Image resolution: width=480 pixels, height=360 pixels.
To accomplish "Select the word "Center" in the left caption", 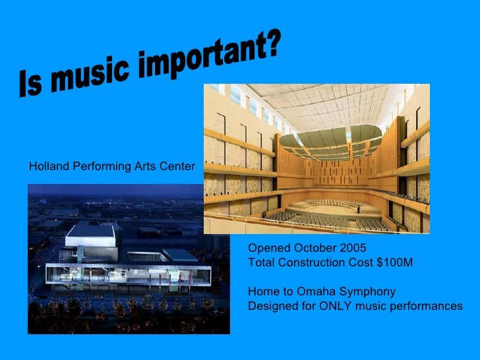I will pos(178,167).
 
